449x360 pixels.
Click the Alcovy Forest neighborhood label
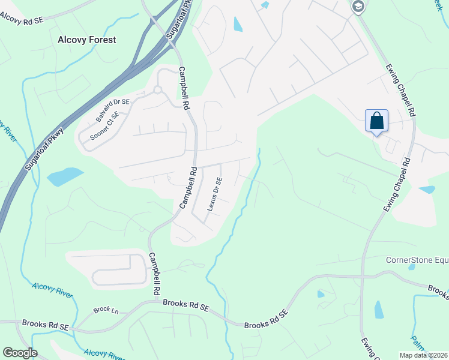tap(86, 40)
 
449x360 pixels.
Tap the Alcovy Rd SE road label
tap(22, 20)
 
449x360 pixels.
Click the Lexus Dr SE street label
tap(214, 194)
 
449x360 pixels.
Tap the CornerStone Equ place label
tap(417, 260)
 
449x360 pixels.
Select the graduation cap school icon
tap(358, 7)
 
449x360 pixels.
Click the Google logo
tap(20, 353)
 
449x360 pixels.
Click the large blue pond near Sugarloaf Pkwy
tap(65, 176)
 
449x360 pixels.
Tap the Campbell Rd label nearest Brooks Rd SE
tap(154, 273)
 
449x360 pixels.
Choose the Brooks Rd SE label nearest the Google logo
tap(46, 325)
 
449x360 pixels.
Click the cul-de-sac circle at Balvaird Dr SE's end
tap(158, 91)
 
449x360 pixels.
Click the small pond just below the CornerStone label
tap(411, 267)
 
